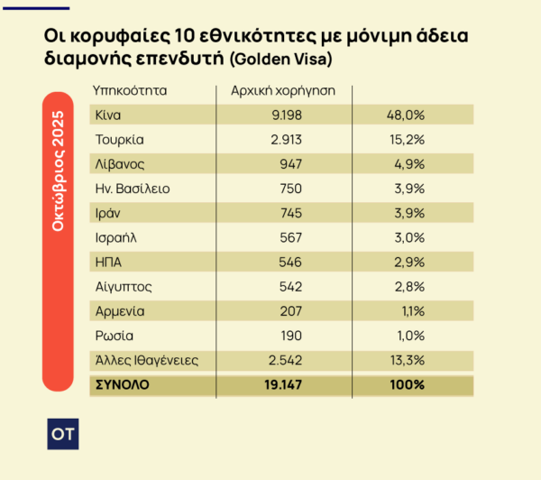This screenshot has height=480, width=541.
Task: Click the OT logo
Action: point(62,433)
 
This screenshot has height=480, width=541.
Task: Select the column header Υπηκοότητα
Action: point(130,91)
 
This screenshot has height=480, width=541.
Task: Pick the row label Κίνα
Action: point(108,115)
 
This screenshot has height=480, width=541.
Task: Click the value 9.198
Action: point(281,115)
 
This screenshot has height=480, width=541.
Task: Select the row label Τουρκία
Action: point(119,140)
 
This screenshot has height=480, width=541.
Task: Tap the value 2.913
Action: point(281,140)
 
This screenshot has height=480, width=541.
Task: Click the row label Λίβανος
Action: point(119,164)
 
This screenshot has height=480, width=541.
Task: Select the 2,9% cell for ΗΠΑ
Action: point(408,263)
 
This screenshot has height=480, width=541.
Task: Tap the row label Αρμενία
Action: point(120,311)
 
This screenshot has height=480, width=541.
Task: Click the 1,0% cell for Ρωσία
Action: point(408,336)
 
